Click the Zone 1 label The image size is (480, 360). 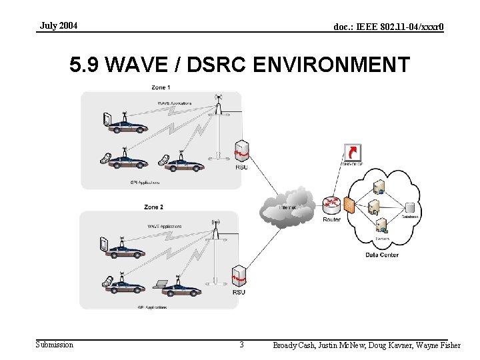coord(160,87)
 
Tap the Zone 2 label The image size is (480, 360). coord(153,207)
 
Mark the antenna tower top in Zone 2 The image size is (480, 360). coord(215,223)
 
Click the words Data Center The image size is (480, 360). coord(382,255)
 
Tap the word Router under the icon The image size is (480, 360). coord(331,219)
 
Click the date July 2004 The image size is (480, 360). coord(59,25)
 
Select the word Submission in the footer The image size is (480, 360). coord(55,344)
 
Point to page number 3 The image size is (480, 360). coord(241,345)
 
